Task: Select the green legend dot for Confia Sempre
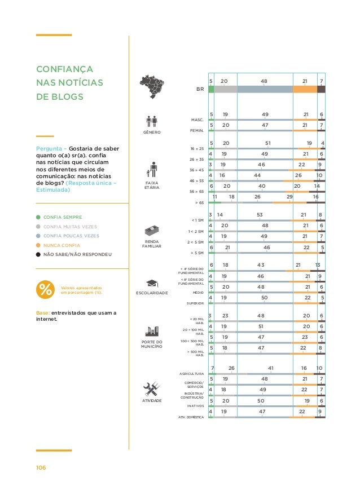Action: click(x=38, y=217)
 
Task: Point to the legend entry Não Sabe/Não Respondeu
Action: click(x=77, y=255)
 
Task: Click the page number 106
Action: click(x=41, y=468)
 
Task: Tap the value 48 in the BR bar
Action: click(x=264, y=81)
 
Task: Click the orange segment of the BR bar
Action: click(x=305, y=89)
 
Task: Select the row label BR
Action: click(x=199, y=89)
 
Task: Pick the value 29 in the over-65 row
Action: click(x=289, y=197)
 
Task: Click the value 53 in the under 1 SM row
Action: click(x=260, y=215)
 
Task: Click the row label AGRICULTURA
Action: click(x=191, y=374)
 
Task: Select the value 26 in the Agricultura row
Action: click(x=231, y=368)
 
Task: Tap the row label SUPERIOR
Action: click(x=195, y=303)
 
